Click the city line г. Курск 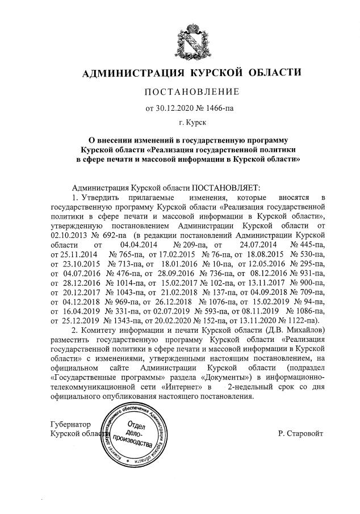pyautogui.click(x=187, y=122)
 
